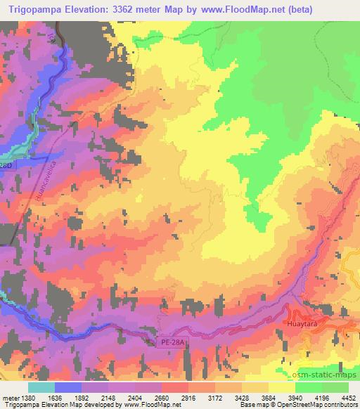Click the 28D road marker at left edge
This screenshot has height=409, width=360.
(6, 165)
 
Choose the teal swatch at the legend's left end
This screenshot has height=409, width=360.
(41, 387)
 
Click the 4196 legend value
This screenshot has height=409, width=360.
(322, 397)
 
